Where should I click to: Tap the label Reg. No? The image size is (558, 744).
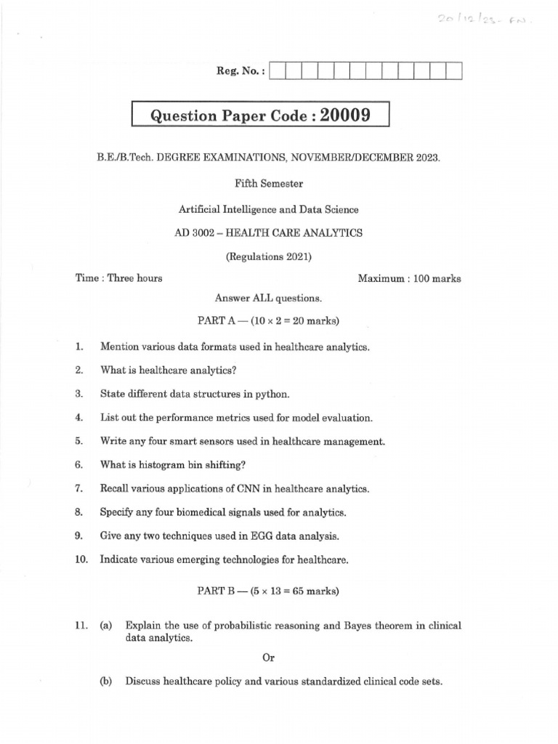[240, 71]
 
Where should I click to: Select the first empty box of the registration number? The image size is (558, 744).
[277, 71]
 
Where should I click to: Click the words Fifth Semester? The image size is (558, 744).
[268, 184]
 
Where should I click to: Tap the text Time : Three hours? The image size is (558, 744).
[119, 278]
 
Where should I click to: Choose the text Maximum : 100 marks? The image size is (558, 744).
[409, 278]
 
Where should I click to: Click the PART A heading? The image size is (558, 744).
[268, 320]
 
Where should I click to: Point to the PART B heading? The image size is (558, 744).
[268, 591]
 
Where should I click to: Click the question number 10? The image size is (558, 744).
[81, 559]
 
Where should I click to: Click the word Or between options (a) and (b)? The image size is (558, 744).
[268, 658]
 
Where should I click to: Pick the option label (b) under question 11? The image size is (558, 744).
[106, 682]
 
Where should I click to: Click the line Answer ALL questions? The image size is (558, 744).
[268, 298]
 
